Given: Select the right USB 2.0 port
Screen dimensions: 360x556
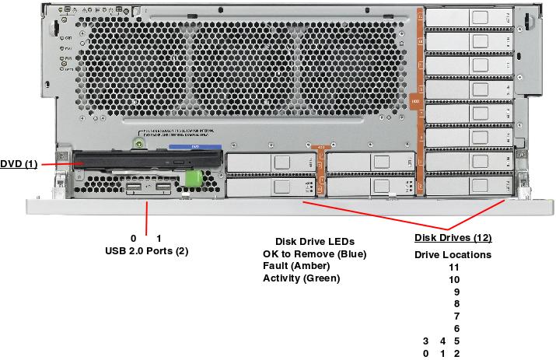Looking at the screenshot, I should (163, 189).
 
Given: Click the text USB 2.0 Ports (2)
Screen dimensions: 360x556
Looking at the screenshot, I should (146, 251).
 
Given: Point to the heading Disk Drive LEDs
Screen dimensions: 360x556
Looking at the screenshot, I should (309, 241).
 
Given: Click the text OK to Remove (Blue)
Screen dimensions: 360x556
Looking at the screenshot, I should (313, 254).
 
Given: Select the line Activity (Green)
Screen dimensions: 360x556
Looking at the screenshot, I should (302, 278).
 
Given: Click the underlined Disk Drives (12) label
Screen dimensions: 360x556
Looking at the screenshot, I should (453, 238).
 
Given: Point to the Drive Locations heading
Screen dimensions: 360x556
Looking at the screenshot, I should (453, 255).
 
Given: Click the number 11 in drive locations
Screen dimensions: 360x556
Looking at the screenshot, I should (454, 267).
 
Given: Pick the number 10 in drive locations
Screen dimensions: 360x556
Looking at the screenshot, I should (454, 279).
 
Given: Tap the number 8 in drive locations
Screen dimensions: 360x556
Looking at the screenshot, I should (456, 304).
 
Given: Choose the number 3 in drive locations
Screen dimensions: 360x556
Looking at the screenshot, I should (425, 341).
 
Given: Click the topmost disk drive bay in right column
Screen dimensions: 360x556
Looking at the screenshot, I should (469, 18).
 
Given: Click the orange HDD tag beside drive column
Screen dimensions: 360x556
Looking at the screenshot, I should (415, 102).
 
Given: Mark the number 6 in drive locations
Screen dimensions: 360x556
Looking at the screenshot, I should (456, 329).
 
